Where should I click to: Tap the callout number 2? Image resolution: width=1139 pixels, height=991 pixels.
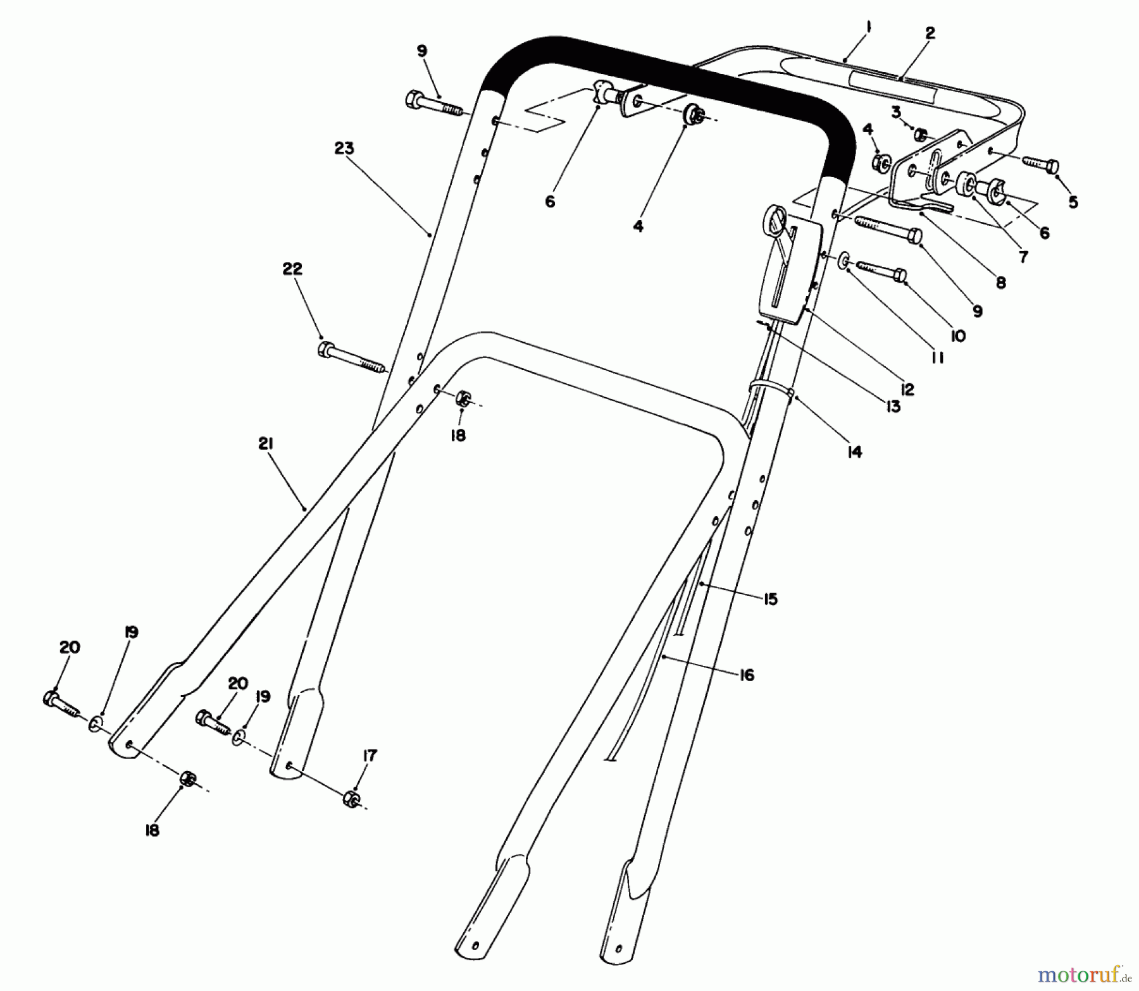click(930, 33)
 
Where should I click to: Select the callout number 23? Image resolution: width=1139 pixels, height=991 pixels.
click(345, 149)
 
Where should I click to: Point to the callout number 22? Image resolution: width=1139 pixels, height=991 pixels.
click(292, 269)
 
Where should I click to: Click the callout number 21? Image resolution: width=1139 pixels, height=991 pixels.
click(265, 445)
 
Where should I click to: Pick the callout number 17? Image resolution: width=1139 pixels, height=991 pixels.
click(370, 756)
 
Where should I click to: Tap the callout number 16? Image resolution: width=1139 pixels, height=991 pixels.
click(747, 675)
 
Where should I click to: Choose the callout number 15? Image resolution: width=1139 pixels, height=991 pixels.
click(769, 599)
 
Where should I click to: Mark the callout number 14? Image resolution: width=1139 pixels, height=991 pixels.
click(854, 452)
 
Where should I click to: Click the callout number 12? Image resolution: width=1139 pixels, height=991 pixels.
click(907, 390)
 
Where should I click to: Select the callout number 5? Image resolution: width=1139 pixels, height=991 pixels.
click(1072, 202)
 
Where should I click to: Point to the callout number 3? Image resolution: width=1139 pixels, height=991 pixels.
click(896, 113)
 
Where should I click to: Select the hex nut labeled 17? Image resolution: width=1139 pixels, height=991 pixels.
click(350, 798)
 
